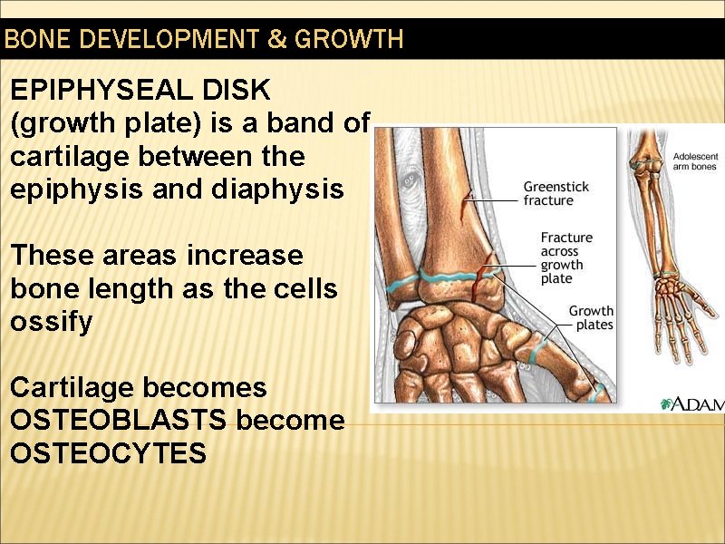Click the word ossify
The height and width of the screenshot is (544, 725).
click(x=51, y=322)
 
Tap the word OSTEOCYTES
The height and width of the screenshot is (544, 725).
click(x=108, y=453)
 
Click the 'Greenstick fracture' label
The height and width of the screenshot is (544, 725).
click(x=556, y=193)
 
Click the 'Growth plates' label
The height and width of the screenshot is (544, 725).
click(x=590, y=317)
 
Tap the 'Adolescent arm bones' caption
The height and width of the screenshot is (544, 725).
click(x=694, y=161)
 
